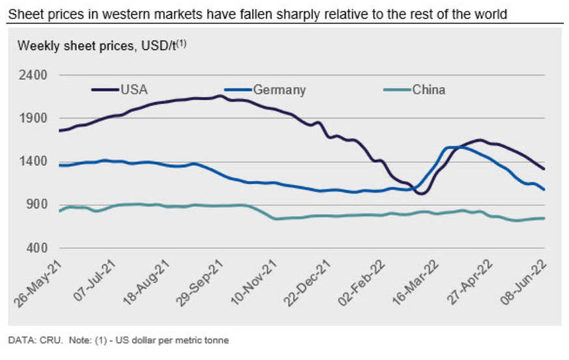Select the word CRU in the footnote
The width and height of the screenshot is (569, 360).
click(42, 340)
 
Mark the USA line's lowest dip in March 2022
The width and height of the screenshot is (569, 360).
click(421, 193)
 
